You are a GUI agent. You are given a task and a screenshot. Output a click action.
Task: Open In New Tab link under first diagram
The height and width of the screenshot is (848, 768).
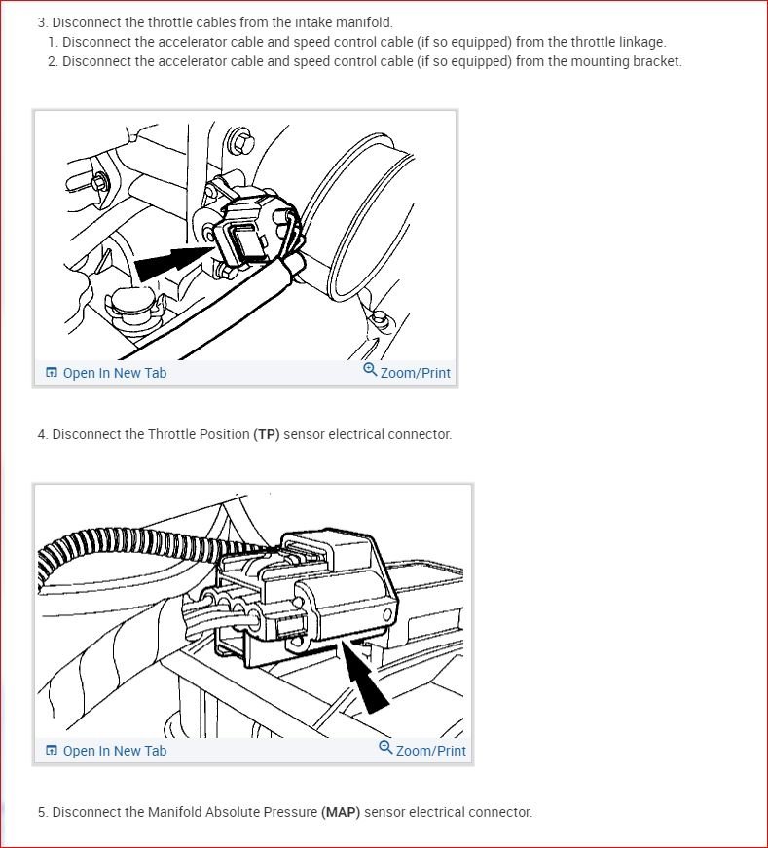114,373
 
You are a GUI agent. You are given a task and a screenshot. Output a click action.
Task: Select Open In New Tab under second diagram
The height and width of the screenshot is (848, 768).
114,751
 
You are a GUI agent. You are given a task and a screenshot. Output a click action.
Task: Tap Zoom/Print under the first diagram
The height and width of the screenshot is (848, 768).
415,373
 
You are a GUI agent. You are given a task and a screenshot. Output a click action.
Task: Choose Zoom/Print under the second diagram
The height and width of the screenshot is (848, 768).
430,751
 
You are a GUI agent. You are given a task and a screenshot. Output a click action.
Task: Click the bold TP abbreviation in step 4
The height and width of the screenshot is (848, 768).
267,434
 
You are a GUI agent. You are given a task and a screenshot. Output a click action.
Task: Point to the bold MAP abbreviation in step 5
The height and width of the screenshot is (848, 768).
340,812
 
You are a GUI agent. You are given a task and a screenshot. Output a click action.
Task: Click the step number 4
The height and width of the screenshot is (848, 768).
42,434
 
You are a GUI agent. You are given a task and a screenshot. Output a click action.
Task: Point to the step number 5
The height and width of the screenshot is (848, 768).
42,812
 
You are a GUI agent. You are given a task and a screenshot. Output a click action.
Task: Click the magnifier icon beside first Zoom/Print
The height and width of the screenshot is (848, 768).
370,370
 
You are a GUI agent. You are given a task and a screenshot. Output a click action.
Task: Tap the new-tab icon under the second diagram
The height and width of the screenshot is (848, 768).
52,751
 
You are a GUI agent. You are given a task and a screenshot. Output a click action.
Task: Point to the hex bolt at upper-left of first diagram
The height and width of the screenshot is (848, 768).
98,182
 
